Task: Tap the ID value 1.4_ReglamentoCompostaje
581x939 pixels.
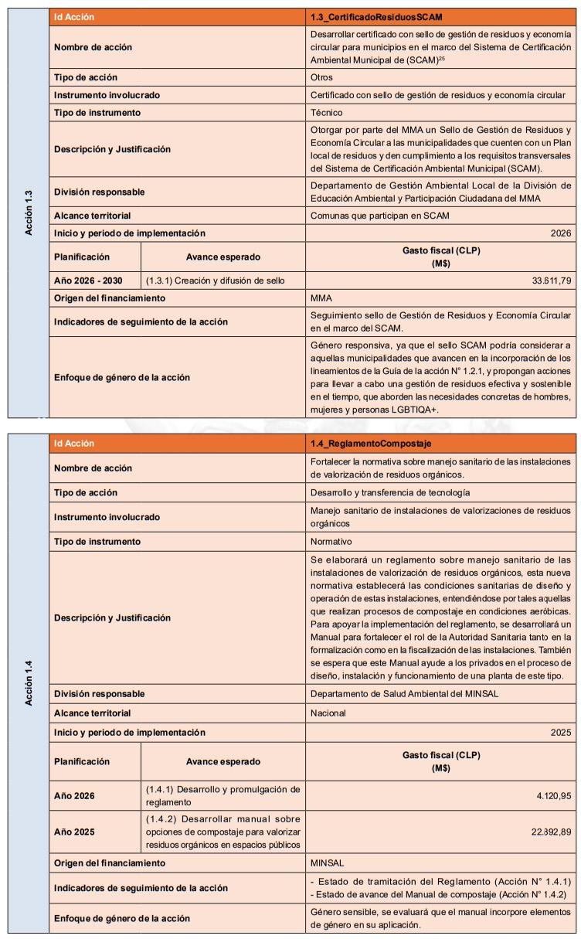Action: click(x=370, y=444)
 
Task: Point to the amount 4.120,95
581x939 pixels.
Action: click(x=554, y=795)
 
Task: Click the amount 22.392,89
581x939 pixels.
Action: click(x=550, y=831)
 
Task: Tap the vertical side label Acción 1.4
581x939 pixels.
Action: click(x=29, y=683)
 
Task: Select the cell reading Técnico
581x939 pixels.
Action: click(x=326, y=112)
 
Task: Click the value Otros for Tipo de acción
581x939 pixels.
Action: click(x=322, y=77)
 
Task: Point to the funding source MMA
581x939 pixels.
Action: click(x=321, y=298)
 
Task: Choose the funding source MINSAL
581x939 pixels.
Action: click(x=328, y=862)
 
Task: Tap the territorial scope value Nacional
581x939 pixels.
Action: click(x=328, y=713)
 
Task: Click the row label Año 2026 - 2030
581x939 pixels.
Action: click(x=88, y=281)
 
